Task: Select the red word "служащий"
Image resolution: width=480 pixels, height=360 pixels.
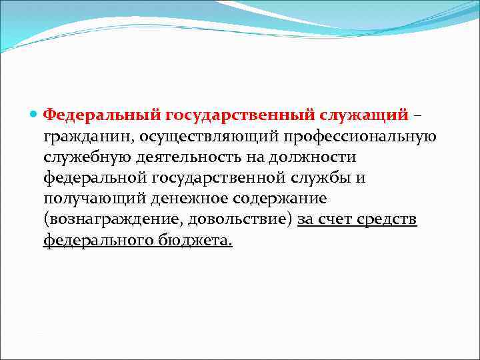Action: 365,115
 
